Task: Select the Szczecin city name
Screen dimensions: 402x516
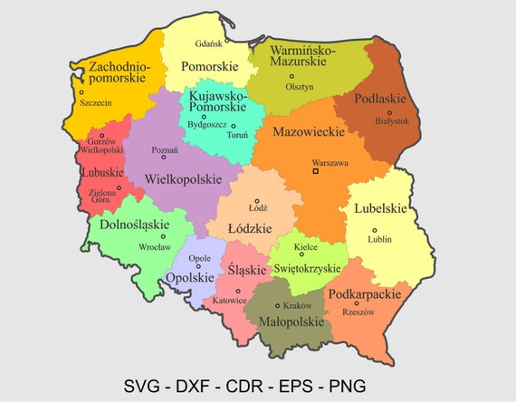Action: pos(96,103)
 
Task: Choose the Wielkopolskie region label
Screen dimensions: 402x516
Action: pos(183,179)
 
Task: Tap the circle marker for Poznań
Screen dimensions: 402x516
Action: pos(164,158)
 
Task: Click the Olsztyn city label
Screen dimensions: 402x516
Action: pos(298,87)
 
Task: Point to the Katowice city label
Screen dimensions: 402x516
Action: pos(230,300)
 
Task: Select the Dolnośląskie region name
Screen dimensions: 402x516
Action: pos(134,225)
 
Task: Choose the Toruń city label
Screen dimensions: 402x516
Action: pos(237,135)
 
